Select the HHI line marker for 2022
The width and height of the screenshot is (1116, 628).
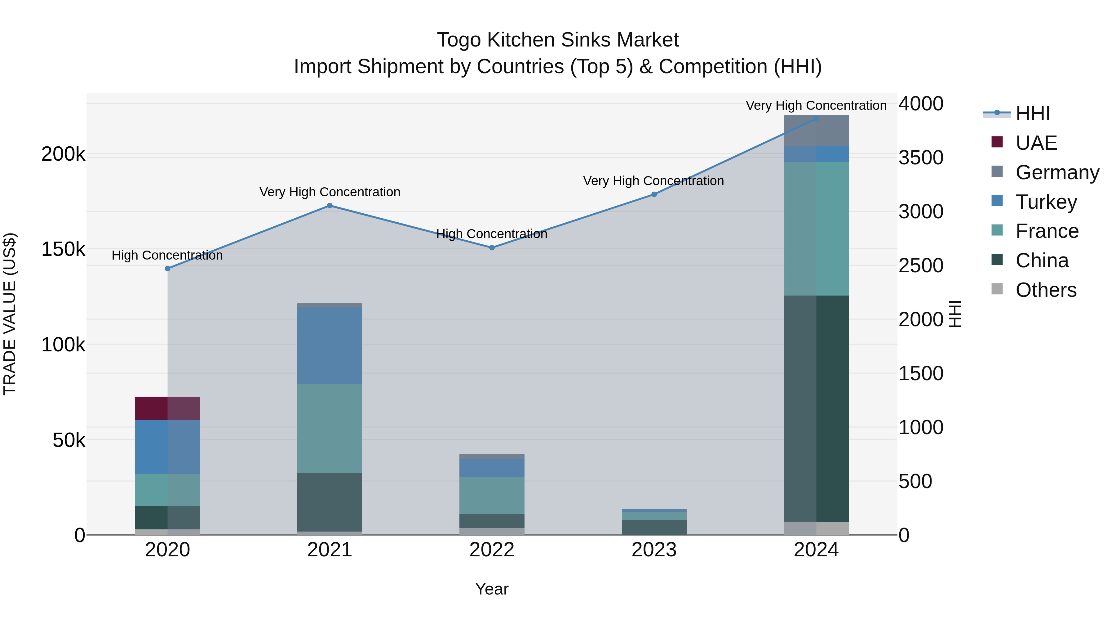click(x=492, y=248)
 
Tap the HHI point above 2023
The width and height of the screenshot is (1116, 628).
click(x=654, y=194)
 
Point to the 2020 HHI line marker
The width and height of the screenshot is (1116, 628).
click(x=168, y=268)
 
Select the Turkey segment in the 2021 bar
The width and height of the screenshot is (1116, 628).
click(x=330, y=345)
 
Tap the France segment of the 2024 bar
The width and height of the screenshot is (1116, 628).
click(x=816, y=229)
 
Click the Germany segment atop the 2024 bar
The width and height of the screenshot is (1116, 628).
click(x=816, y=131)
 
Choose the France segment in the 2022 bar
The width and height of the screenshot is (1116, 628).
click(x=492, y=495)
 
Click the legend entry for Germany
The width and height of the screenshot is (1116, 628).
click(x=1057, y=172)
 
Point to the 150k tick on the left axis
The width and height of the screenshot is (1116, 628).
click(x=63, y=249)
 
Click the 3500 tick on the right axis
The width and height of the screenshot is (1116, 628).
click(x=921, y=158)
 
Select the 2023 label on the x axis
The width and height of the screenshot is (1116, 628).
click(x=654, y=550)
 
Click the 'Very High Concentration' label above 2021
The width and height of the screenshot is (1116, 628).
click(x=330, y=192)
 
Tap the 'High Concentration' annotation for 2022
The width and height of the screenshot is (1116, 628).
click(x=492, y=234)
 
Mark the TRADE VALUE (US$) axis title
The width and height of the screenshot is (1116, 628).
click(x=10, y=314)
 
